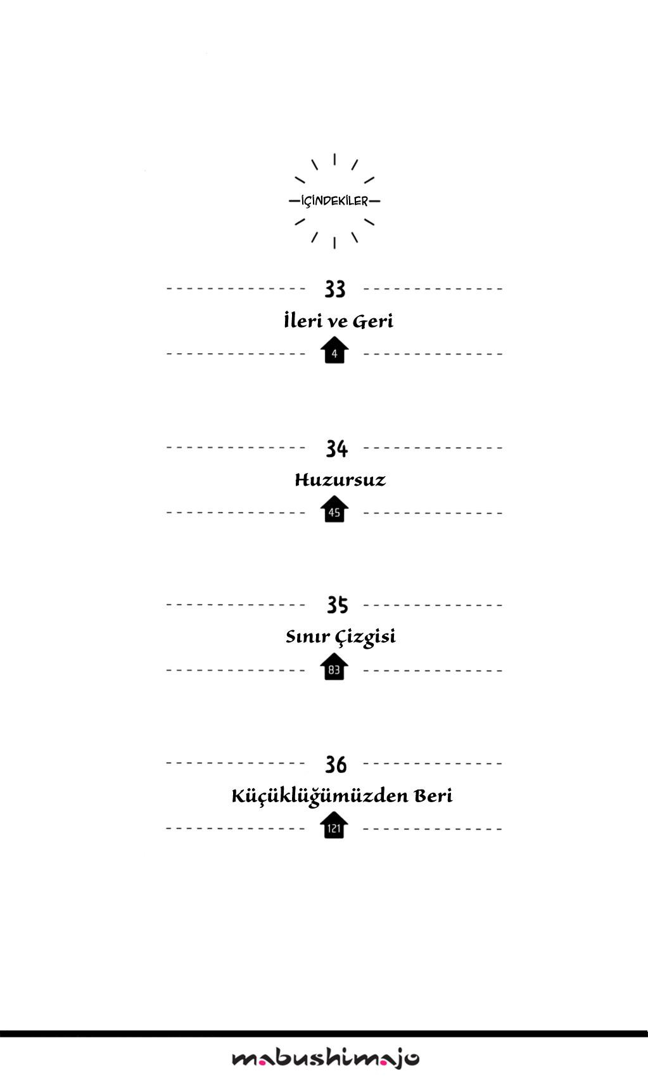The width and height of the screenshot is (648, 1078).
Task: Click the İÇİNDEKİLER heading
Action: coord(334,201)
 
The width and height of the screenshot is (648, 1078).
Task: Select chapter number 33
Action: coord(335,289)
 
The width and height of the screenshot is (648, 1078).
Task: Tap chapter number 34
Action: coord(336,448)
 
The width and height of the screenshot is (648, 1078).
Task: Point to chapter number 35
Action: coord(337,605)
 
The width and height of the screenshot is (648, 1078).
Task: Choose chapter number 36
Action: coord(336,764)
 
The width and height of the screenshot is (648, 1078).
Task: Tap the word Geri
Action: coord(373,321)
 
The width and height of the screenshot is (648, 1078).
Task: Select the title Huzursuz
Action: coord(340,480)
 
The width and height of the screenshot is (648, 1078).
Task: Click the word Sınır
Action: coord(308,636)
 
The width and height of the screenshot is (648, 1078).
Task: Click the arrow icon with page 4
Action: coord(334,350)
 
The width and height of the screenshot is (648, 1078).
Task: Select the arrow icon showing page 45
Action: coord(334,509)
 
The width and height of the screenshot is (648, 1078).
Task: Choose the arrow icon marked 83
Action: coord(334,666)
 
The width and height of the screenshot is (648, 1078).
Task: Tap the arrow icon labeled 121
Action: coord(334,825)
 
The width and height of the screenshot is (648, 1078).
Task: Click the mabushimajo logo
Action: coord(326,1058)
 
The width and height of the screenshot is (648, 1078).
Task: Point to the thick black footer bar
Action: coord(324,1034)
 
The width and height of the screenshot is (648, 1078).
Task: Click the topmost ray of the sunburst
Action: coord(334,159)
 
